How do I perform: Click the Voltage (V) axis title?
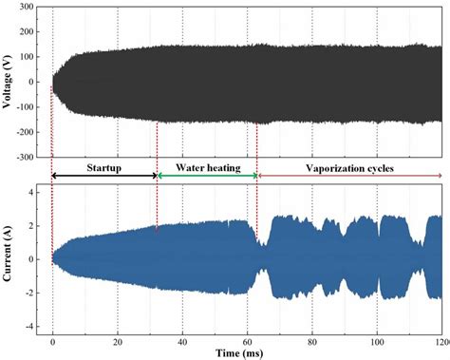click(7, 82)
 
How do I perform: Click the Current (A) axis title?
click(7, 259)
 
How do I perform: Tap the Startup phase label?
click(103, 167)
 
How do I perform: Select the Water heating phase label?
click(208, 167)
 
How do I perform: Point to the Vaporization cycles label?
click(348, 167)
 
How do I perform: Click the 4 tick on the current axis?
click(31, 192)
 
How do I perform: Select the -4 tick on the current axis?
click(29, 327)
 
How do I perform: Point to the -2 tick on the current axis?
click(29, 294)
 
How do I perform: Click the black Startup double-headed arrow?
click(103, 177)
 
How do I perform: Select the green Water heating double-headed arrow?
click(207, 177)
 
